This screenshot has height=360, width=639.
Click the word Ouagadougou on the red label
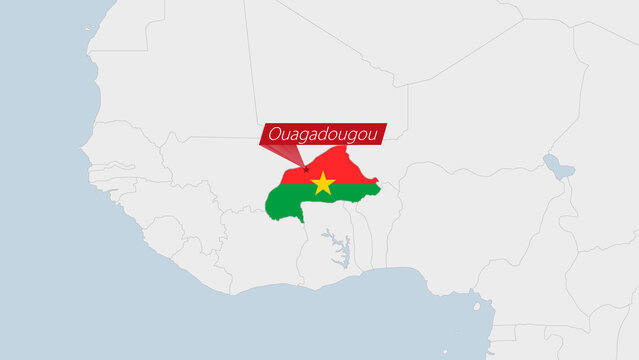tap(322, 133)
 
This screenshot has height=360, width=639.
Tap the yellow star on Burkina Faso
tap(323, 183)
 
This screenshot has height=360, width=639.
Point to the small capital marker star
tap(306, 169)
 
